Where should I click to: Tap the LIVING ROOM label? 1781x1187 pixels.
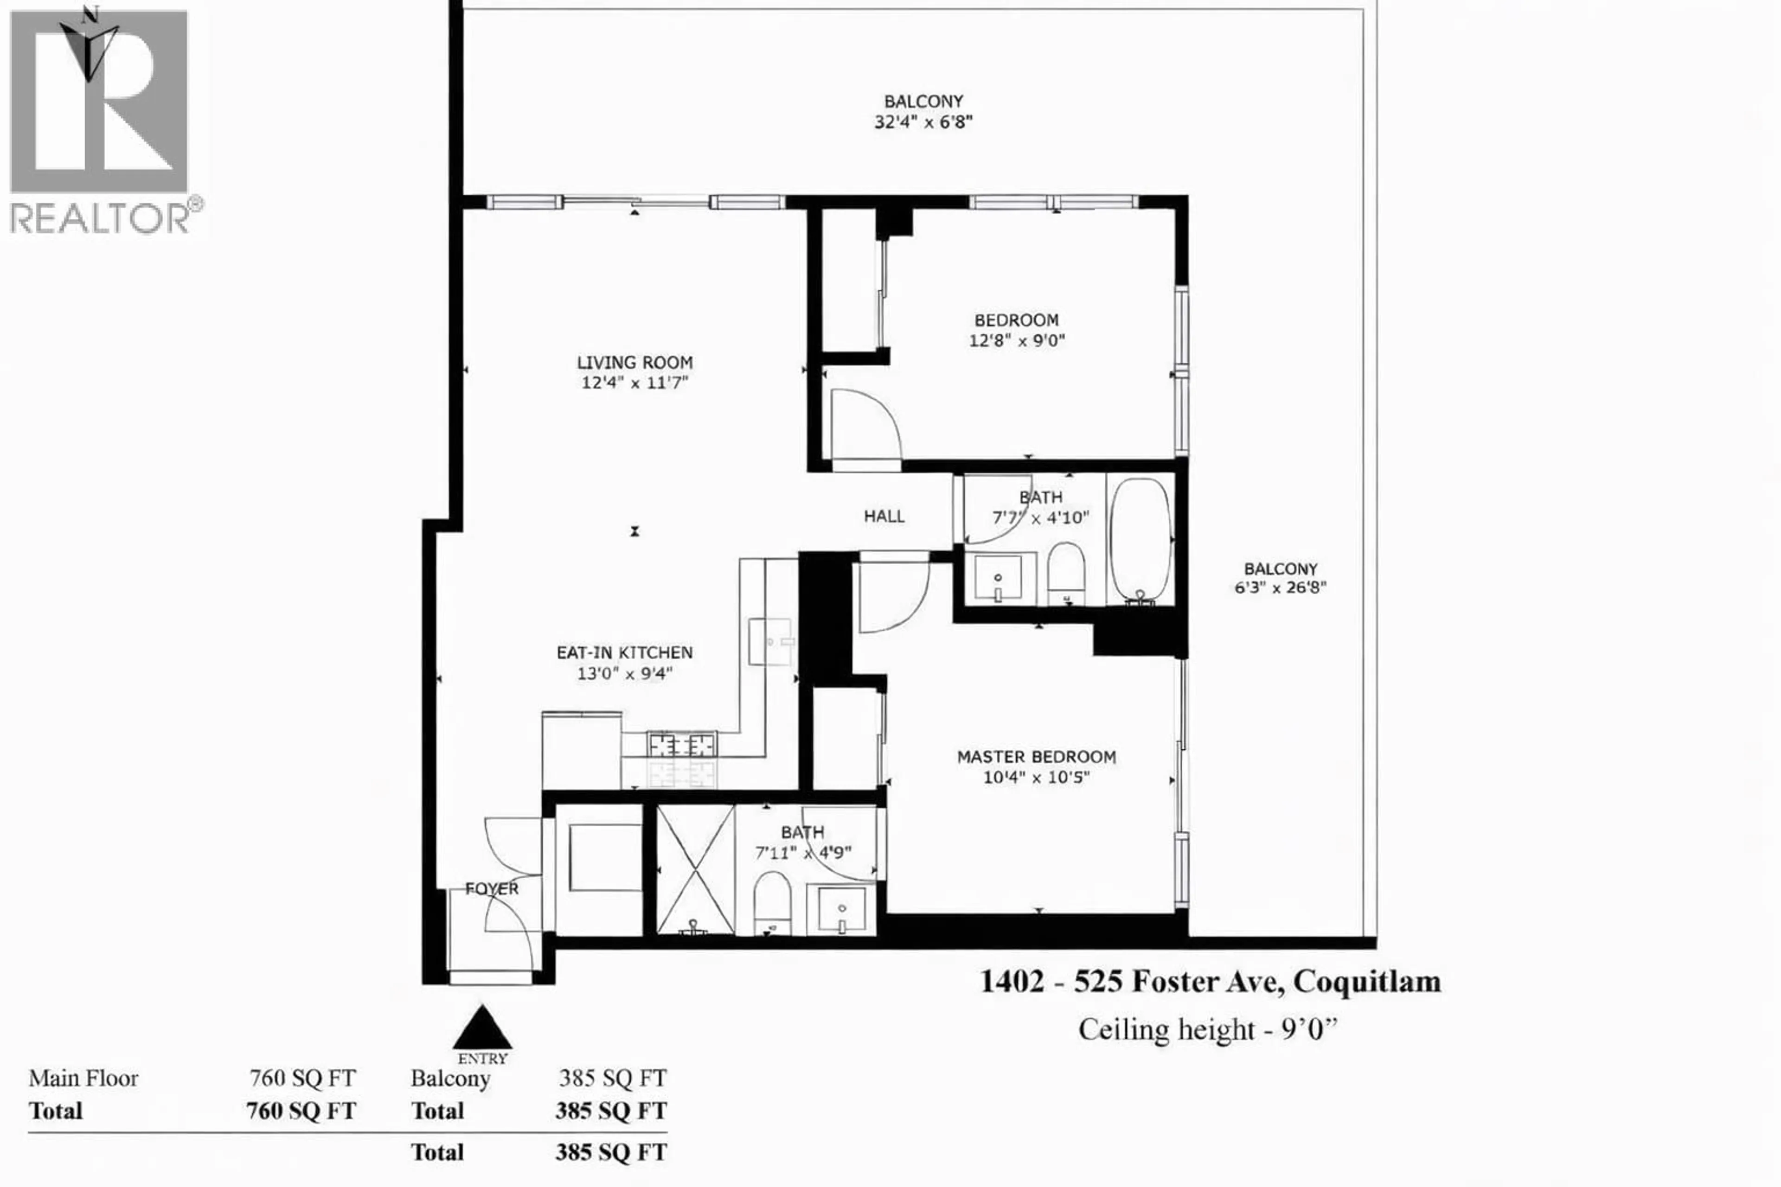point(634,363)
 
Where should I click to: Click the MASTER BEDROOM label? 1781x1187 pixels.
point(1036,756)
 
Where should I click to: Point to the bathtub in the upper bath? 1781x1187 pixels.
point(1140,541)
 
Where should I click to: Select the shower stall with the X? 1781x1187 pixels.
point(694,869)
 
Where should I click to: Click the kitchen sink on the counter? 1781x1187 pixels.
point(770,641)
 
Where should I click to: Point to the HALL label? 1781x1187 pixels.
point(884,516)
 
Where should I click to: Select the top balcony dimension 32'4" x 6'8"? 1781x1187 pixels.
point(923,122)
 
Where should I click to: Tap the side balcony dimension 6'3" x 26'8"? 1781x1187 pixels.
point(1281,587)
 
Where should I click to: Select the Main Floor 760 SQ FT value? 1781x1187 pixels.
point(302,1078)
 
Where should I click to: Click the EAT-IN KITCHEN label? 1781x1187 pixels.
point(624,652)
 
